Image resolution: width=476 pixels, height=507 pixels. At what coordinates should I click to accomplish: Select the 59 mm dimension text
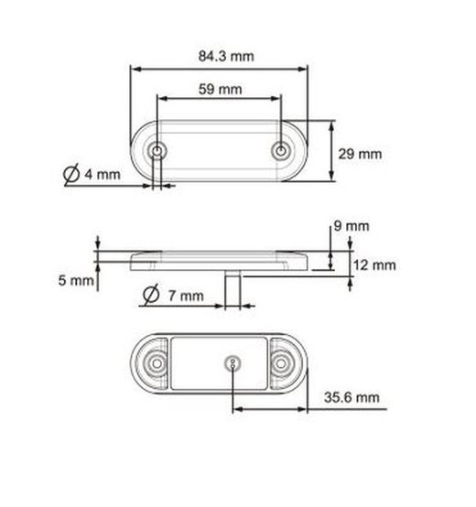(x=220, y=89)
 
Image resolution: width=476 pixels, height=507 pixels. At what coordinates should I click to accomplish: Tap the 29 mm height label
(x=361, y=154)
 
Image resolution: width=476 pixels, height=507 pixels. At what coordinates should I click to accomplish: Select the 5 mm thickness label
(x=76, y=281)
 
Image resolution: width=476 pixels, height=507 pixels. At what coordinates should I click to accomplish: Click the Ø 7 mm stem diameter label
(x=172, y=295)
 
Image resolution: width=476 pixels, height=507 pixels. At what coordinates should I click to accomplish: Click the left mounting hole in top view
(x=159, y=149)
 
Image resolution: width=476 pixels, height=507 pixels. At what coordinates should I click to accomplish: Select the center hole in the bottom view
(x=234, y=363)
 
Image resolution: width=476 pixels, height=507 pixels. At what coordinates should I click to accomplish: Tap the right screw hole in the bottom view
(x=287, y=363)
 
